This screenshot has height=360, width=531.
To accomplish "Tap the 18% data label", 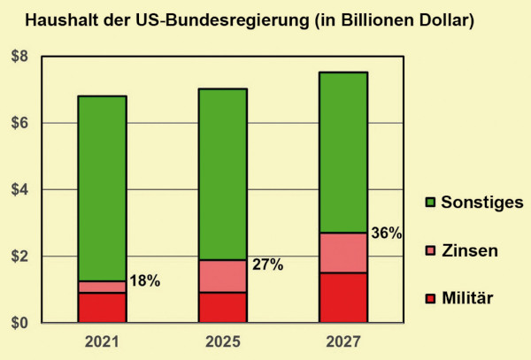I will point(144,281).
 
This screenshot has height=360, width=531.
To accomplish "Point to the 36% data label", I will point(386,234).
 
